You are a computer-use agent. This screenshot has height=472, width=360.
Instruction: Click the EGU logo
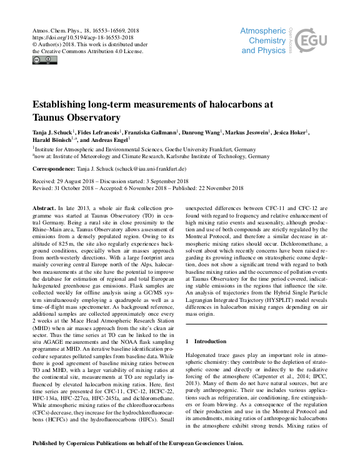coord(311,41)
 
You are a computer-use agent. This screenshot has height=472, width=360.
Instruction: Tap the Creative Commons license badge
coord(44,60)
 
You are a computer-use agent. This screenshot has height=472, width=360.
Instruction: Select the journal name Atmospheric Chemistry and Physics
coord(263,39)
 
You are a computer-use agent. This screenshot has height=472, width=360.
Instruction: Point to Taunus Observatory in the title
coord(76,117)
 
